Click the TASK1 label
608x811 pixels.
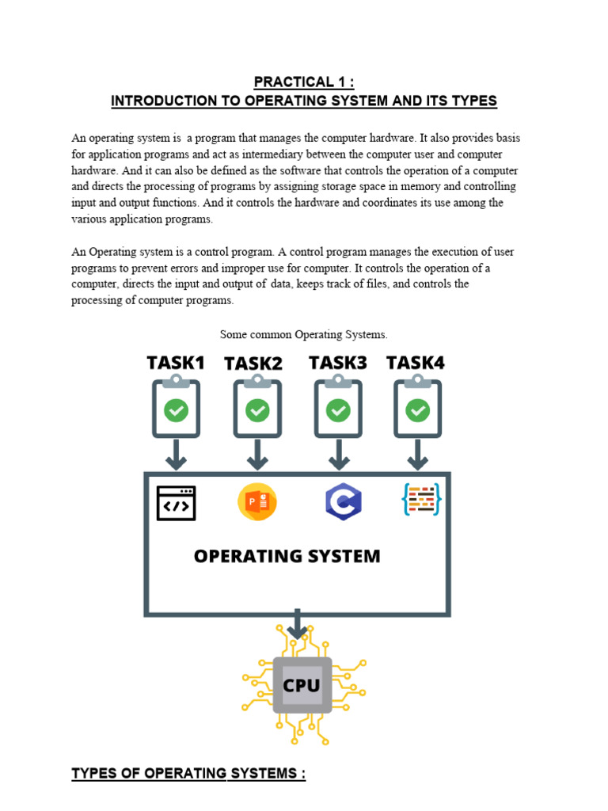pos(176,363)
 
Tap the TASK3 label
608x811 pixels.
pos(338,363)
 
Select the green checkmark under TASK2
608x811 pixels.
pos(257,409)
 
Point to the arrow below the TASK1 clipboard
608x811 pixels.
pos(176,455)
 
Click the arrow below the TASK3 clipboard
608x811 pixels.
pos(339,455)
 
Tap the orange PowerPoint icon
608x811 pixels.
pos(257,502)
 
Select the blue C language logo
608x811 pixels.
pos(344,502)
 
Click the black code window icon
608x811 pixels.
pos(177,503)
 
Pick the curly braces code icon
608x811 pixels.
pos(421,500)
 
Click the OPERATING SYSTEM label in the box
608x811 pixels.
pos(287,556)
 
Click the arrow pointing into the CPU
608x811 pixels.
pos(297,624)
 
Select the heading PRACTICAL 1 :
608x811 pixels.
pos(304,82)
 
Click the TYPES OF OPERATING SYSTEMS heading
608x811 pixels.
pos(188,773)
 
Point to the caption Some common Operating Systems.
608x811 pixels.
pos(304,334)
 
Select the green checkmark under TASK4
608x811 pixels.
pos(417,409)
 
